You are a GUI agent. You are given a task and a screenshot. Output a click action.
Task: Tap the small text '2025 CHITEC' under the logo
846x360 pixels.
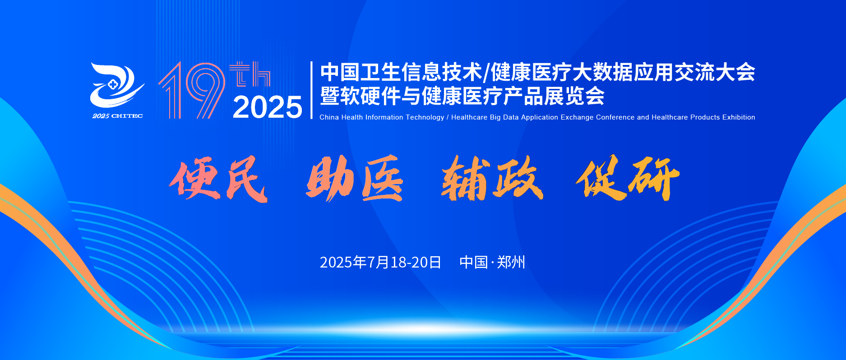tap(118, 116)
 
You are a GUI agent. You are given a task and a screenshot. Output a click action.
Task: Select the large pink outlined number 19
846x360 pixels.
tap(192, 91)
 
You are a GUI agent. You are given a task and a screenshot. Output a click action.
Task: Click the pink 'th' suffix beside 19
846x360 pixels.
tap(250, 74)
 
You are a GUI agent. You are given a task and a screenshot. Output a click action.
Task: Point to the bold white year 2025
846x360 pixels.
tap(268, 107)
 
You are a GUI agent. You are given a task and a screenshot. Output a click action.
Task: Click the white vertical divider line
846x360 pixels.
tap(311, 90)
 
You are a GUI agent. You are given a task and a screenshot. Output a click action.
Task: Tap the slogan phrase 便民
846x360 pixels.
tap(219, 179)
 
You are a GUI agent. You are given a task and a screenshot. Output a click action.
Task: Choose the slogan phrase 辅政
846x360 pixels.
tap(492, 178)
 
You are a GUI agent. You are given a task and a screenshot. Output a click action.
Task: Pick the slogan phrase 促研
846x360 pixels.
tap(628, 177)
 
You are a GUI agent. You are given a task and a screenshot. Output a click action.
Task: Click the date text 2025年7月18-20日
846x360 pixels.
tap(380, 262)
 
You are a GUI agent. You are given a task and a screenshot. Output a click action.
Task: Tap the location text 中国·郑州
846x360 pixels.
tap(492, 262)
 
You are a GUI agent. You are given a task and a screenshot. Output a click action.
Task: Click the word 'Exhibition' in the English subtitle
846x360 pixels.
tap(739, 117)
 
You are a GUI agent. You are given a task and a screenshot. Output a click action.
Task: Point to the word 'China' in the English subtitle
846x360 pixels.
tap(329, 117)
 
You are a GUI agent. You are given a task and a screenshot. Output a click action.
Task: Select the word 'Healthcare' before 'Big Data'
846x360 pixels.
tap(469, 117)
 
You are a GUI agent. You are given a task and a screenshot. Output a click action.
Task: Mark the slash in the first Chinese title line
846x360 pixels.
tap(485, 73)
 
